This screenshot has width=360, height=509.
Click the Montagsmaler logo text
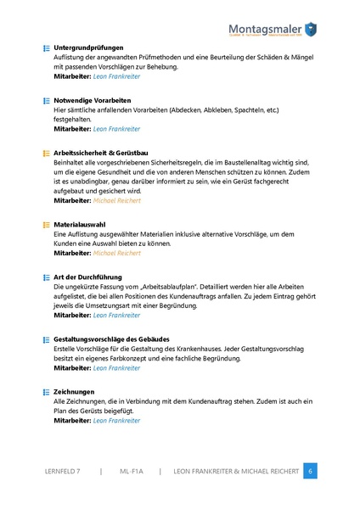click(x=270, y=28)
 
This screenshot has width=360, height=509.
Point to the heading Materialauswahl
click(x=79, y=224)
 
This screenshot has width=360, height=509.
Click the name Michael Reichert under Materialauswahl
click(x=117, y=253)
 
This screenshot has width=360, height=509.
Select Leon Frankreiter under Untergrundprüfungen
click(x=117, y=76)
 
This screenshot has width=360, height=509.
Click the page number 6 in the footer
click(x=311, y=471)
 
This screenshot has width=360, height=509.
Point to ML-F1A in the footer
click(x=131, y=471)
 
